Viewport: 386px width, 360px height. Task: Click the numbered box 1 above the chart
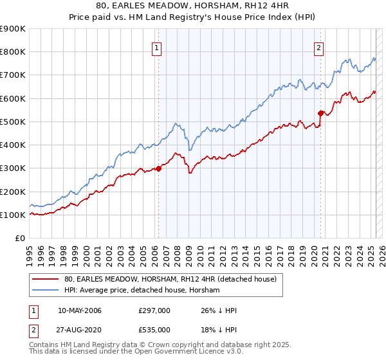(x=158, y=46)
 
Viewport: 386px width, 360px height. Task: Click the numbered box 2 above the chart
(x=319, y=46)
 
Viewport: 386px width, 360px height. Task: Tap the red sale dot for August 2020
(x=320, y=114)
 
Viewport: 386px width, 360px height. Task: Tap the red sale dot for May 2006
(x=158, y=169)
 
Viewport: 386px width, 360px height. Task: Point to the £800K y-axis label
(x=13, y=52)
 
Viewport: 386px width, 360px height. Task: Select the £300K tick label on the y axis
(x=13, y=168)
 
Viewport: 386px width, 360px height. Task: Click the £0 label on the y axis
(x=20, y=239)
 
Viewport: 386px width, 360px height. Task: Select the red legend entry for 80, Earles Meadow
(x=170, y=279)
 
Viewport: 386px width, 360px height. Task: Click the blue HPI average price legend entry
(x=142, y=291)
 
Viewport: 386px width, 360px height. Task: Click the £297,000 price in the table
(x=154, y=311)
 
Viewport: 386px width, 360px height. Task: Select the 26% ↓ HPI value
(x=218, y=311)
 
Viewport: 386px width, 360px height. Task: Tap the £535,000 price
(x=154, y=330)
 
